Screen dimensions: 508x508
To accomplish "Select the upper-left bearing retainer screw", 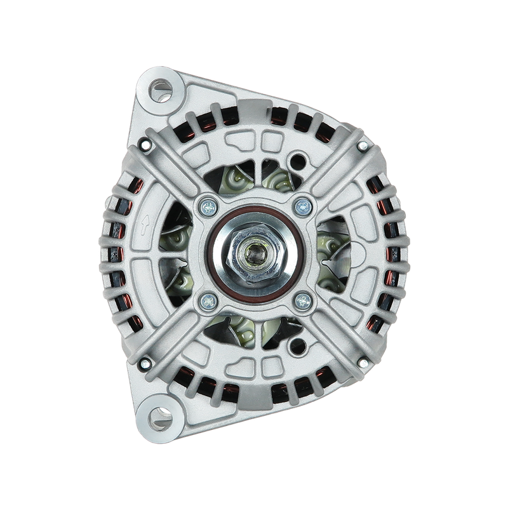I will (x=208, y=204).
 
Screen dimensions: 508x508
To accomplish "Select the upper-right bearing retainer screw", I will (x=303, y=204).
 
